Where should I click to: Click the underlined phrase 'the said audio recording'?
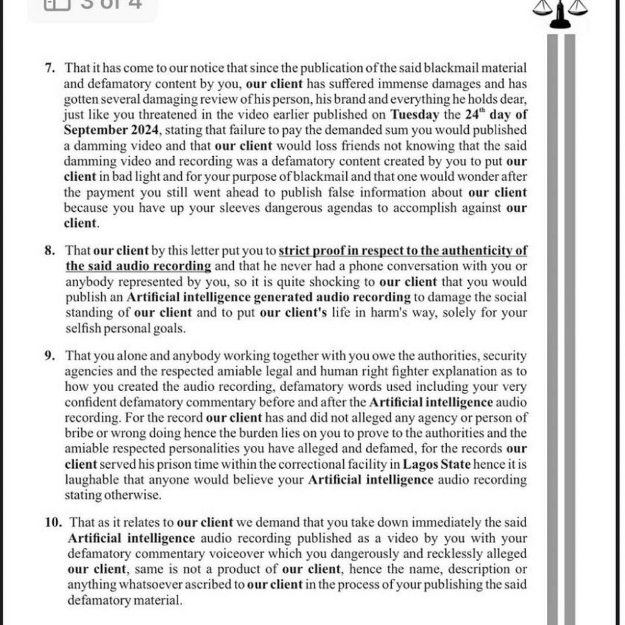point(138,266)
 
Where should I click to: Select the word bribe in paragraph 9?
point(79,433)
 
